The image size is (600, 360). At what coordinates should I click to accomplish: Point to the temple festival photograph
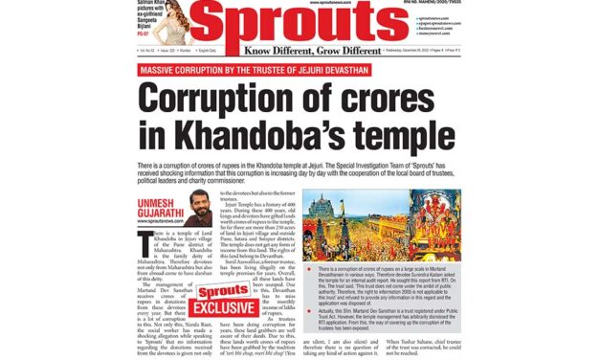(x=381, y=225)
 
